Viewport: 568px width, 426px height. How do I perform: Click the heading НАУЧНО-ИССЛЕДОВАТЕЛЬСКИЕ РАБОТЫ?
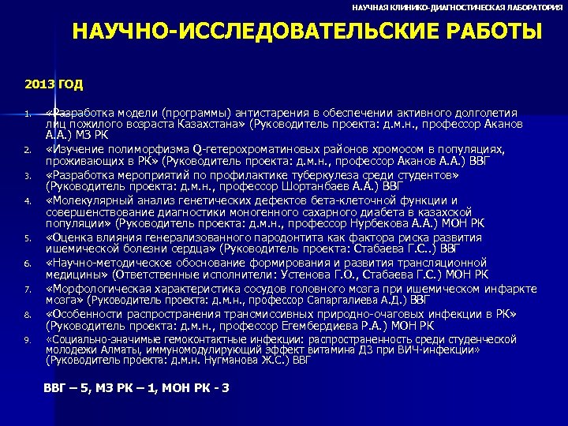307,32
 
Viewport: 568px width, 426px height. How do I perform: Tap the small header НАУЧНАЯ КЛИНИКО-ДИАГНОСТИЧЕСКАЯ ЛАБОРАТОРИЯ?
458,6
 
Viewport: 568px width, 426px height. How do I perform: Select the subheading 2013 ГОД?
54,83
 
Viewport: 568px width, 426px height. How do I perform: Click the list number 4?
27,200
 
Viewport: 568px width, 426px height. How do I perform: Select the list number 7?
27,290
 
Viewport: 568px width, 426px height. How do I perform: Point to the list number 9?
27,340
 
